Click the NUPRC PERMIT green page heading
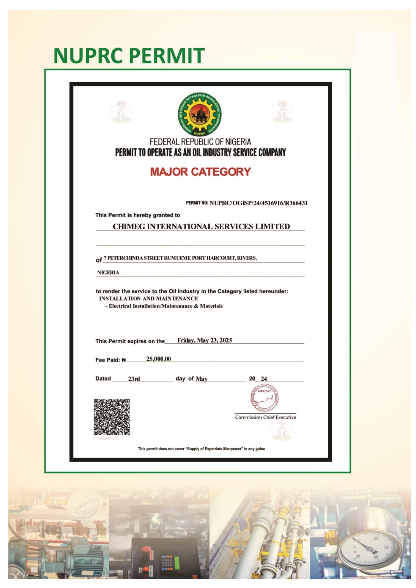tap(129, 55)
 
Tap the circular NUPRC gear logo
tap(200, 115)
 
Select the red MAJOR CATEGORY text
tap(200, 172)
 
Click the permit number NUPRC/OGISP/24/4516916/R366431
tap(258, 203)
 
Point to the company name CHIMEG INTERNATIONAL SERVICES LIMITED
tap(201, 226)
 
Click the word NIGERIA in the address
tap(108, 272)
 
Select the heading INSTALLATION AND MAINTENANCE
tap(148, 299)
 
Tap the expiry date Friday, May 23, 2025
tap(205, 340)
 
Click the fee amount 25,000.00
tap(159, 359)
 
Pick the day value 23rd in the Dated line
tap(134, 379)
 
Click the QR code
tap(112, 417)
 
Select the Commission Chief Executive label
tap(265, 417)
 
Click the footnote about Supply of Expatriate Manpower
tap(201, 449)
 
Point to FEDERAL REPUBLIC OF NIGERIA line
tap(200, 142)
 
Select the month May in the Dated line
tap(202, 379)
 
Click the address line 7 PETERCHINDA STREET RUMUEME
tap(180, 258)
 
